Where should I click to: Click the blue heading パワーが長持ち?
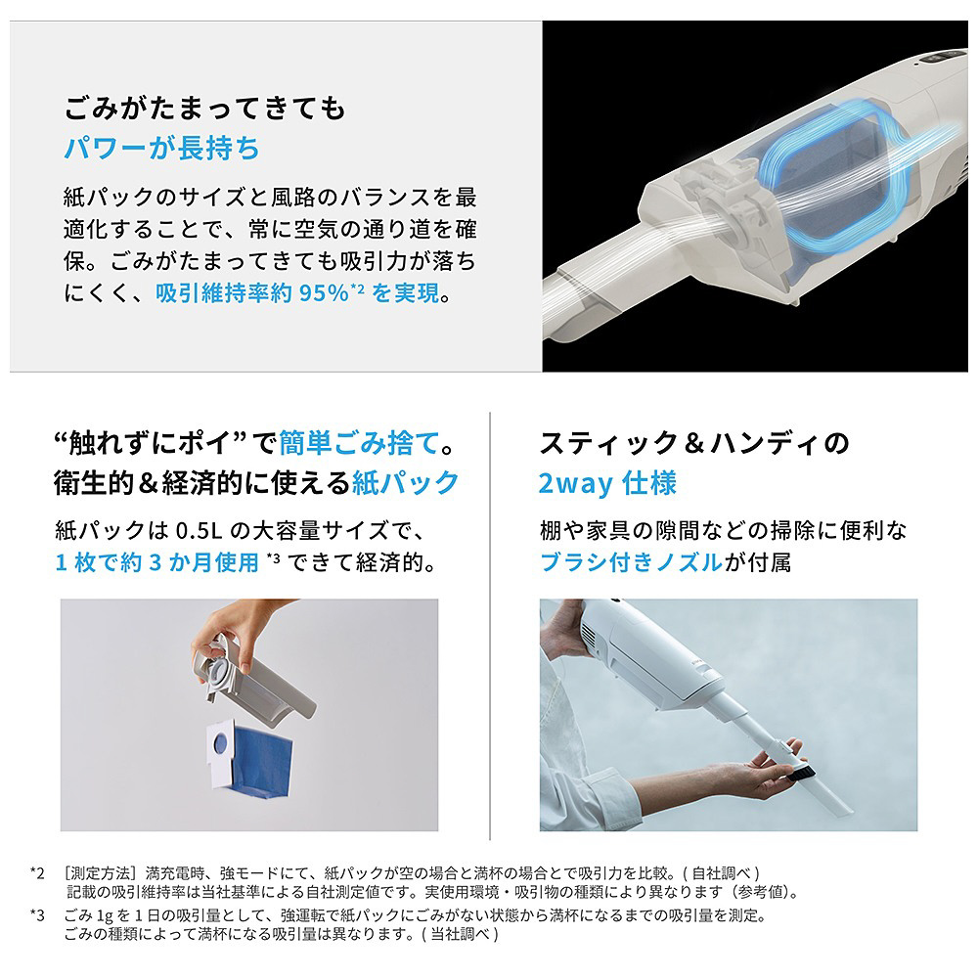[161, 148]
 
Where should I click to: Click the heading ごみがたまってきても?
[204, 108]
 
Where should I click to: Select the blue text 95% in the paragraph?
[324, 292]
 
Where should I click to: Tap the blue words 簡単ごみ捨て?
[359, 443]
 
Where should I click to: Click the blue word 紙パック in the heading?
[406, 482]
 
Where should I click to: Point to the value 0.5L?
[199, 530]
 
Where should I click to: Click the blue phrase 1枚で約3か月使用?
[156, 562]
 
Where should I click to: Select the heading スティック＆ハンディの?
[694, 443]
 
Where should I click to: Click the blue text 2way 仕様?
[607, 483]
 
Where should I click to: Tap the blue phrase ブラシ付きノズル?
[631, 562]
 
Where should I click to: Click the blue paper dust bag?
[259, 762]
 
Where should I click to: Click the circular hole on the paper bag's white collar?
[221, 742]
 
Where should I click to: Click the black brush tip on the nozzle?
[800, 774]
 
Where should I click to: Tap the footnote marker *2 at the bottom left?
[37, 873]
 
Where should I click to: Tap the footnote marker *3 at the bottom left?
[37, 915]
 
